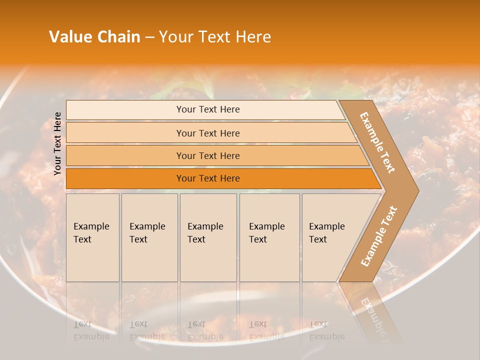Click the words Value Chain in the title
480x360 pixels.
click(94, 37)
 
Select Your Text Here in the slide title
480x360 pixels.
click(215, 37)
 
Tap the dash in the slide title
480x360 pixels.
click(149, 37)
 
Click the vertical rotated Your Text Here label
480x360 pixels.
click(57, 143)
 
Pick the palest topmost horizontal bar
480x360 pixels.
click(207, 109)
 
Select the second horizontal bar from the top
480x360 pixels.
click(207, 133)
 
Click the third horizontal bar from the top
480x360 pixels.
click(207, 155)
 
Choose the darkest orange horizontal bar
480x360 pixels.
click(207, 178)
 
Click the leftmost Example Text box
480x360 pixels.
click(92, 237)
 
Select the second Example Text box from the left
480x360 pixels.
click(149, 237)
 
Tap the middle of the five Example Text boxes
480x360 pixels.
click(208, 237)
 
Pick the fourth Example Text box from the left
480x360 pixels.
click(269, 237)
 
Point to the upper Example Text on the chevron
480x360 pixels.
click(378, 142)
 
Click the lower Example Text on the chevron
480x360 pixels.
click(379, 236)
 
